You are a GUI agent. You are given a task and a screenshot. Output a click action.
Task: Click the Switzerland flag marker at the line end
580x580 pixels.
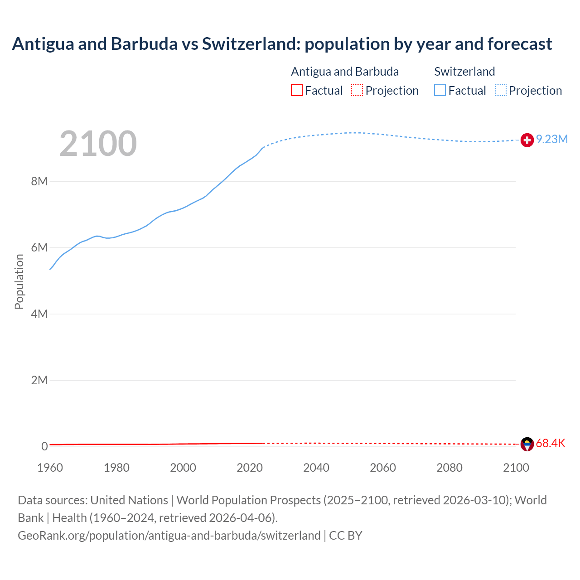(x=527, y=140)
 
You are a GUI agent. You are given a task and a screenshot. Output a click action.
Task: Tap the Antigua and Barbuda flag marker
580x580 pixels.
(x=527, y=444)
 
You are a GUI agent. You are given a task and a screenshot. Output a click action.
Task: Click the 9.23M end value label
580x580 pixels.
(x=552, y=140)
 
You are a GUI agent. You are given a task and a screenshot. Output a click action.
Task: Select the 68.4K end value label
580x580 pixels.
(x=551, y=443)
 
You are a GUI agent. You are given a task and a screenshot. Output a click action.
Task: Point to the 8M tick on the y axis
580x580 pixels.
(x=39, y=182)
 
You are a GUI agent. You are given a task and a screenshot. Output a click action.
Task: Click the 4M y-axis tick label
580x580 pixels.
(x=39, y=314)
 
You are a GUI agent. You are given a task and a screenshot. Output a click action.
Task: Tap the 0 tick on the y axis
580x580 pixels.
(x=44, y=446)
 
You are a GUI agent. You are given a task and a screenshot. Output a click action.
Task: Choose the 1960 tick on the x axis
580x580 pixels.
(x=50, y=468)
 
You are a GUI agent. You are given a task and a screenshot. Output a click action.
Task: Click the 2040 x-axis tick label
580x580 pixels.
(x=316, y=468)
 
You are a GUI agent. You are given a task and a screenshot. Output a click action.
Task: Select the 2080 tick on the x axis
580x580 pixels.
(x=449, y=468)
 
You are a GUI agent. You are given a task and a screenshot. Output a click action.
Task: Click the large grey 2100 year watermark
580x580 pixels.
(x=98, y=144)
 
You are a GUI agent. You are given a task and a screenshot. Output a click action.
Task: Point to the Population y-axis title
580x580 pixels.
(x=19, y=281)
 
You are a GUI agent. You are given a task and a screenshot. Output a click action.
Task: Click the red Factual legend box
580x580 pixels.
(x=297, y=90)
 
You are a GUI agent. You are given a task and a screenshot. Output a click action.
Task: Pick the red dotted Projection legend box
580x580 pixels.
(x=357, y=90)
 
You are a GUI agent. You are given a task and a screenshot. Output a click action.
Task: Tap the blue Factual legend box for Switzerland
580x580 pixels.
(x=440, y=90)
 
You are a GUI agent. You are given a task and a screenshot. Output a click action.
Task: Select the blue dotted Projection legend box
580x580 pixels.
(x=501, y=90)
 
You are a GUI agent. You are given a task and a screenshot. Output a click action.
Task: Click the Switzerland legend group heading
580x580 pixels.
(x=464, y=72)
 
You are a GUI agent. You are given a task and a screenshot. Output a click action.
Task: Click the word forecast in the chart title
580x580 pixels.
(x=520, y=44)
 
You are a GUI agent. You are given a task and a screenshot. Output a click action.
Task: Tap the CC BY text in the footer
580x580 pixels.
(x=346, y=536)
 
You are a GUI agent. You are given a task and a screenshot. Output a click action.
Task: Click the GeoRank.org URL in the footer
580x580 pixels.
(x=169, y=536)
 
